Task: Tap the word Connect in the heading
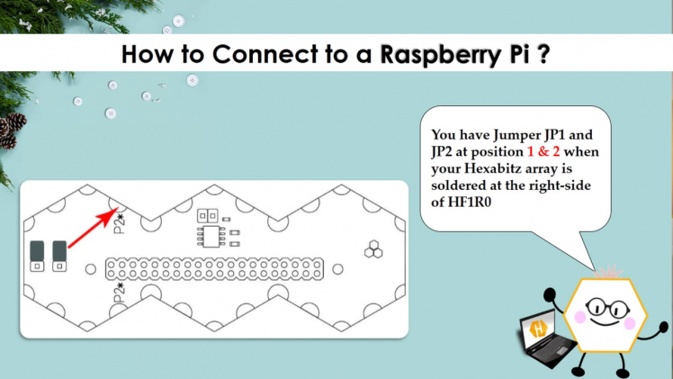tap(254, 54)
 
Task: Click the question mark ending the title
tap(543, 54)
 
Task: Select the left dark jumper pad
tap(37, 255)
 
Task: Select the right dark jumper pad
tap(60, 255)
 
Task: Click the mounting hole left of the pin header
tap(90, 269)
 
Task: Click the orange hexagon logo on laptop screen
tap(538, 329)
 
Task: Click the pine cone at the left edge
tap(10, 131)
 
